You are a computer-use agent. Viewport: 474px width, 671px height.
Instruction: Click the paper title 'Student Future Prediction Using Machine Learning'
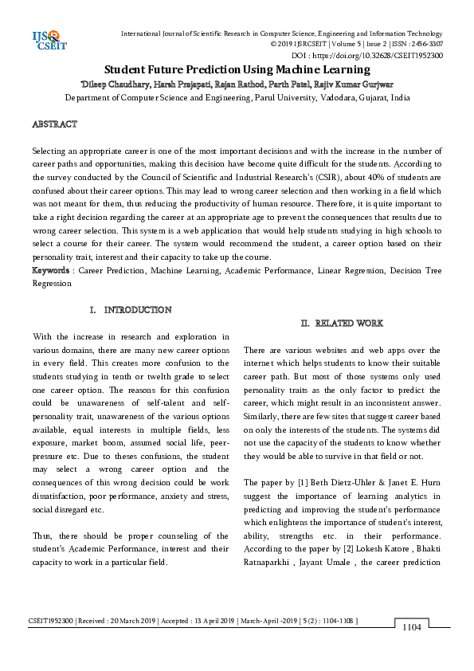click(x=237, y=69)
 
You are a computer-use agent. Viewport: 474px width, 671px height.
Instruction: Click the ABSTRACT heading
click(x=54, y=125)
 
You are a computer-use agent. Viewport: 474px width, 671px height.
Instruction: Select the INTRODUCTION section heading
click(x=131, y=309)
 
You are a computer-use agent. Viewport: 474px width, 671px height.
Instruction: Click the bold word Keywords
click(x=49, y=271)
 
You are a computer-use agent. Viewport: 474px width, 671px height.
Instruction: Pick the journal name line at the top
click(x=281, y=33)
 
